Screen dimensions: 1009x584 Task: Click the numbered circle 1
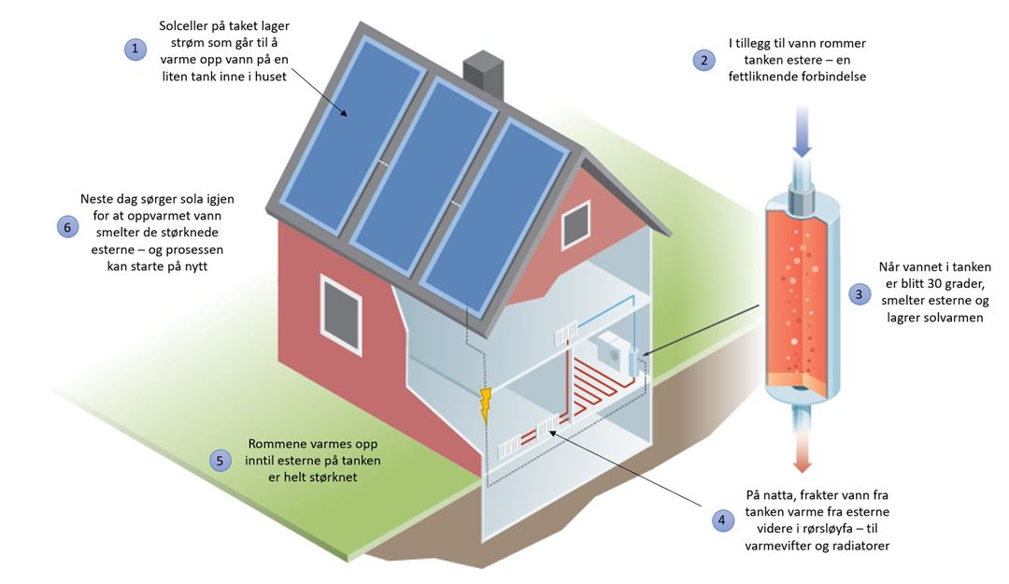[135, 49]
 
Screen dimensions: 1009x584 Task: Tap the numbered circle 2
[704, 60]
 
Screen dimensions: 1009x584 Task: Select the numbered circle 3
[859, 295]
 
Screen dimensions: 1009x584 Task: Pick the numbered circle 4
[722, 520]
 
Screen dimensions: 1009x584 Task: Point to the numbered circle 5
[220, 461]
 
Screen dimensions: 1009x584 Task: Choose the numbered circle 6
[67, 227]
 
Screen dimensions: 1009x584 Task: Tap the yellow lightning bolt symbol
[486, 406]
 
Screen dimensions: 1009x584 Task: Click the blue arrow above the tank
[802, 132]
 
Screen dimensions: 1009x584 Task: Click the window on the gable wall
[576, 224]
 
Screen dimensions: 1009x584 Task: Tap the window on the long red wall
[340, 314]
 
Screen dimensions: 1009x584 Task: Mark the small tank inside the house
[633, 363]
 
